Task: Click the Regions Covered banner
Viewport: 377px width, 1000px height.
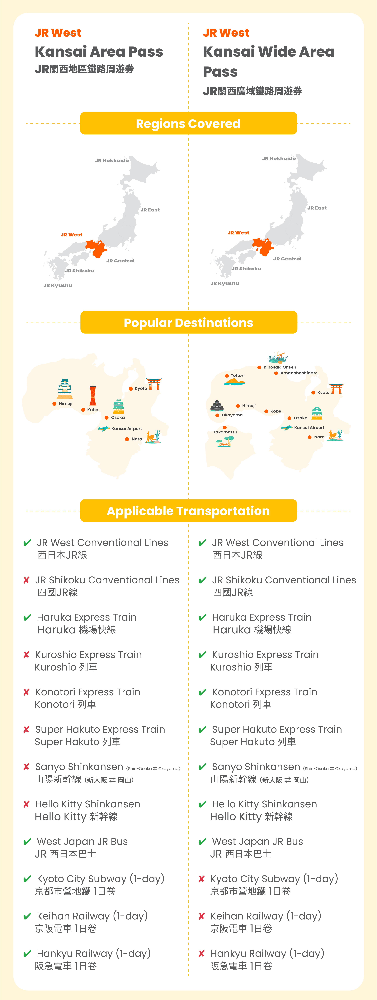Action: point(188,123)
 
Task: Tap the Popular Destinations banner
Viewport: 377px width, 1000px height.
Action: point(188,323)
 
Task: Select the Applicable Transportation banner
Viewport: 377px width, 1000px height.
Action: point(188,511)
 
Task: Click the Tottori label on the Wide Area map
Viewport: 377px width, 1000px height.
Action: point(237,375)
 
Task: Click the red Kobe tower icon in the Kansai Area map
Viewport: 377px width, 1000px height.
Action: point(93,395)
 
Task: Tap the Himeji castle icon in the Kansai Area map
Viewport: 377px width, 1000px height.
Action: point(65,389)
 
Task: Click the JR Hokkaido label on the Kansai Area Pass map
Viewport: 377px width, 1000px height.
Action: point(112,160)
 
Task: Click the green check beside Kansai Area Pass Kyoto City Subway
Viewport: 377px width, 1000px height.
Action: point(27,879)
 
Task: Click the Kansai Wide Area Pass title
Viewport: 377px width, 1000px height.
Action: point(268,61)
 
